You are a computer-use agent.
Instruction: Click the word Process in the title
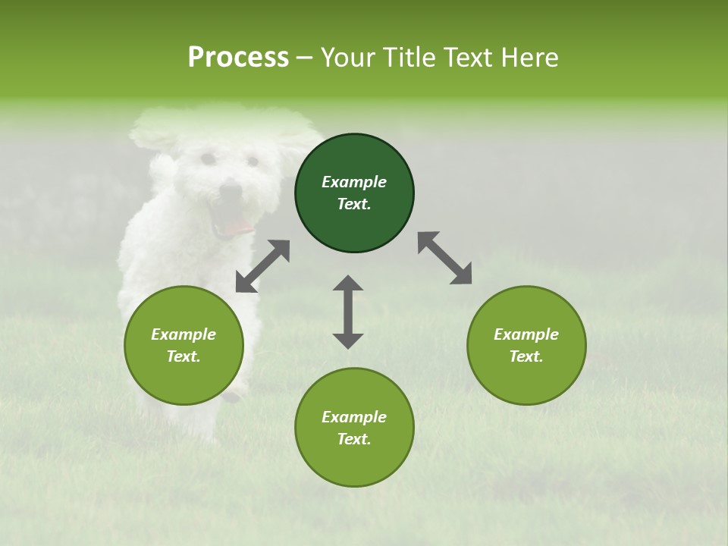(x=238, y=58)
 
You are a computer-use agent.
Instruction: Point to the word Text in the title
(x=470, y=58)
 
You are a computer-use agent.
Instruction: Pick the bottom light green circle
(x=354, y=463)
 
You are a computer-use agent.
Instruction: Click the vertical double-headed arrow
(x=348, y=312)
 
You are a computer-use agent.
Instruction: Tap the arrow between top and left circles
(x=262, y=266)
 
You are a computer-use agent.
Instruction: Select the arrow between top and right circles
(x=444, y=258)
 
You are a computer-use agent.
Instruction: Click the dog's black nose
(x=231, y=189)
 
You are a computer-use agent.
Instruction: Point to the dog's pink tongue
(x=237, y=227)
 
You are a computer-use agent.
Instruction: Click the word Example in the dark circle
(x=354, y=182)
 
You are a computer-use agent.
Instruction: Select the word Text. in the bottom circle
(x=354, y=439)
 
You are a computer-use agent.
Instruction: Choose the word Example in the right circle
(x=526, y=334)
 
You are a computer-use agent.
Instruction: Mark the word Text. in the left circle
(x=184, y=356)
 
